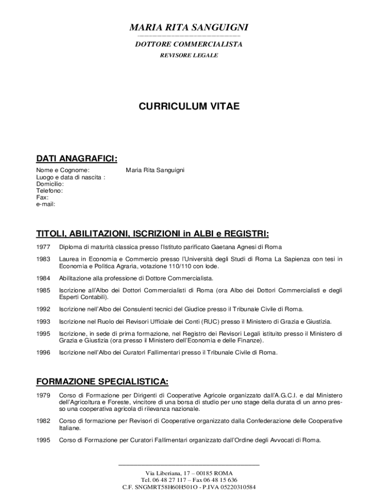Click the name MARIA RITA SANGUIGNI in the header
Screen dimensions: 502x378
189,27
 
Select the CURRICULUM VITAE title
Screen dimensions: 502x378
189,106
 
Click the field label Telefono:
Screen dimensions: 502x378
50,191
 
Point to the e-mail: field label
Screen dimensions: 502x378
46,204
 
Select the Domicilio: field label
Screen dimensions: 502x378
50,184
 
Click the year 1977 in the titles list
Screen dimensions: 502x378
43,247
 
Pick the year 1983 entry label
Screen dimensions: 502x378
43,259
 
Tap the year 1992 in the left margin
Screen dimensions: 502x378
43,309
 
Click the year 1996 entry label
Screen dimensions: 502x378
43,352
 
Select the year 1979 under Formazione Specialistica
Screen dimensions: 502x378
43,395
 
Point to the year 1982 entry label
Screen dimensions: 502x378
43,421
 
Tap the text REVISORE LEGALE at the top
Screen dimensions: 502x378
189,55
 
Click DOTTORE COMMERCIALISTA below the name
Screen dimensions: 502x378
189,44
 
